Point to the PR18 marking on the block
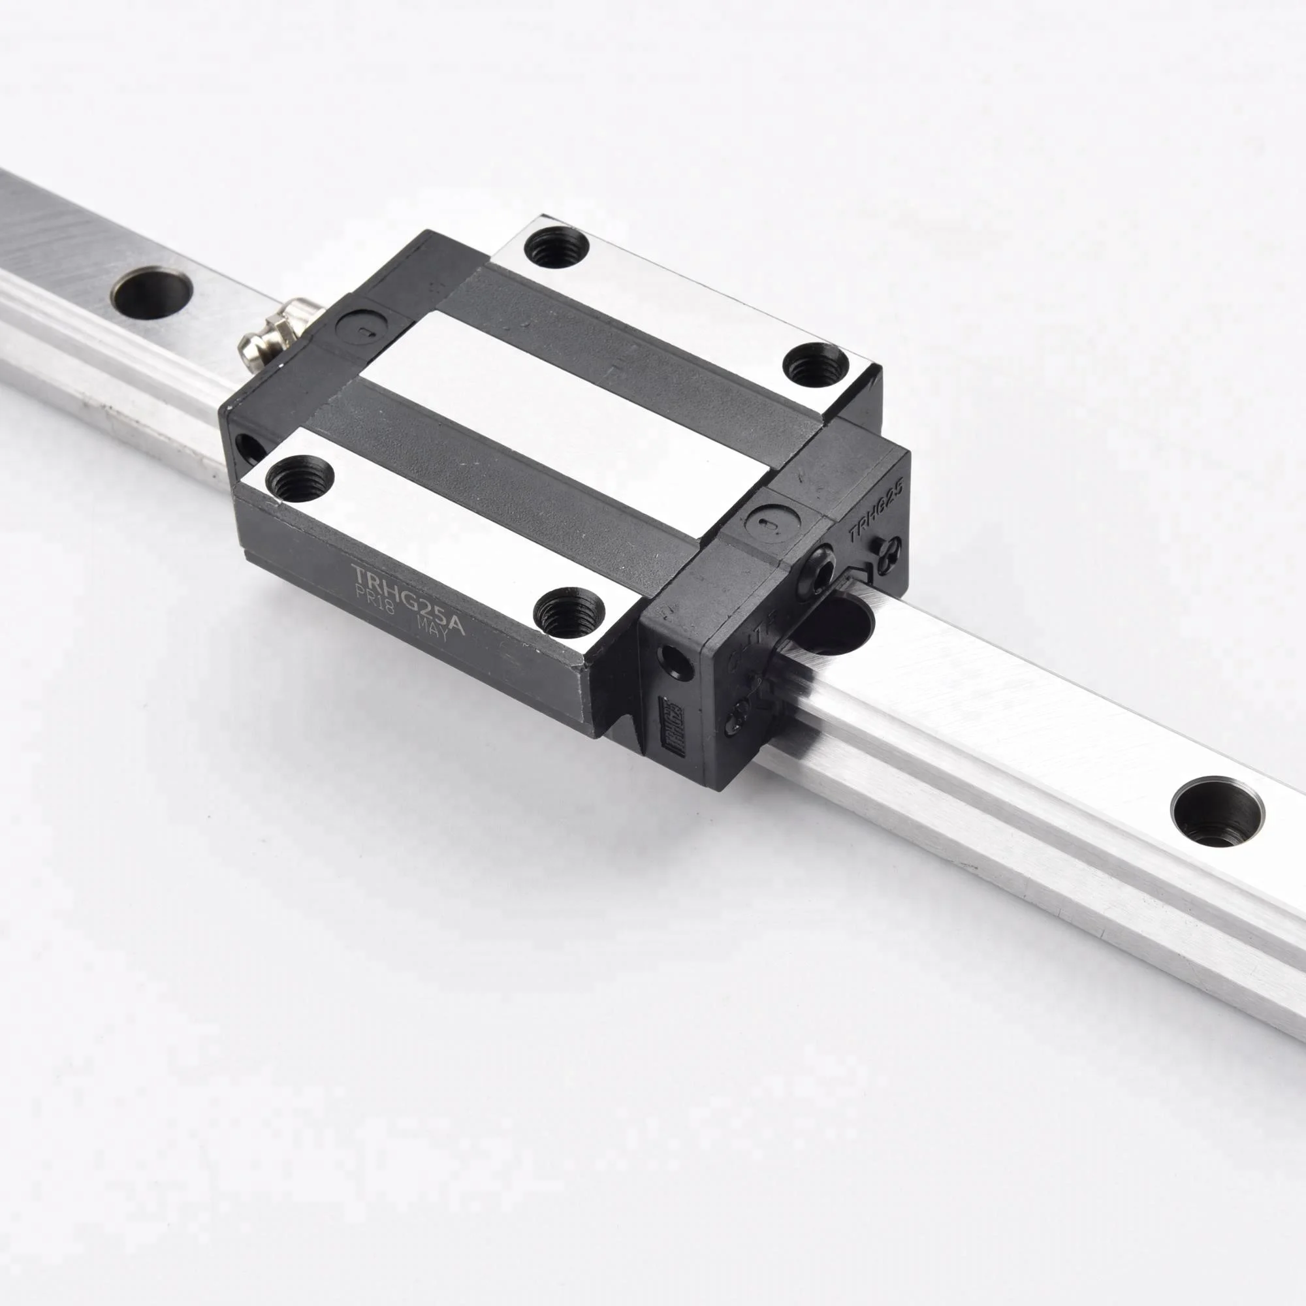[x=374, y=598]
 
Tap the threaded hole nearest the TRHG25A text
[x=565, y=613]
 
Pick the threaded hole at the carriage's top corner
[x=556, y=247]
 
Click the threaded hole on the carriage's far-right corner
[x=816, y=364]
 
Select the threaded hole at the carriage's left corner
[x=300, y=479]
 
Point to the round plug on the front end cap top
[x=771, y=523]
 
